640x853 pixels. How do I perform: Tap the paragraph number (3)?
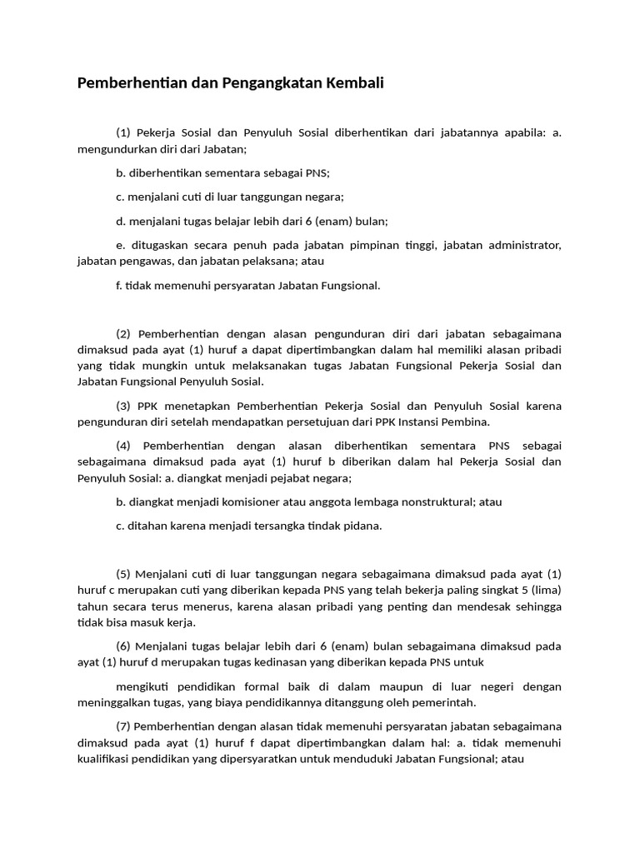[123, 406]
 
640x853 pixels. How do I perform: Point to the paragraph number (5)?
[123, 574]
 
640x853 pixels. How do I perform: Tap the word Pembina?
[468, 422]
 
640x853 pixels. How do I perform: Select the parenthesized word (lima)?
[546, 591]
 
